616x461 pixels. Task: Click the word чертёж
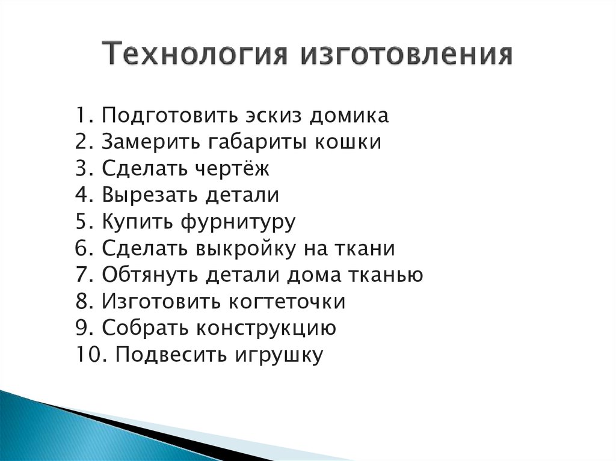coord(232,168)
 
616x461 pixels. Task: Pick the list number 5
coord(83,222)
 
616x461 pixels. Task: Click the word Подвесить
coord(164,355)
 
